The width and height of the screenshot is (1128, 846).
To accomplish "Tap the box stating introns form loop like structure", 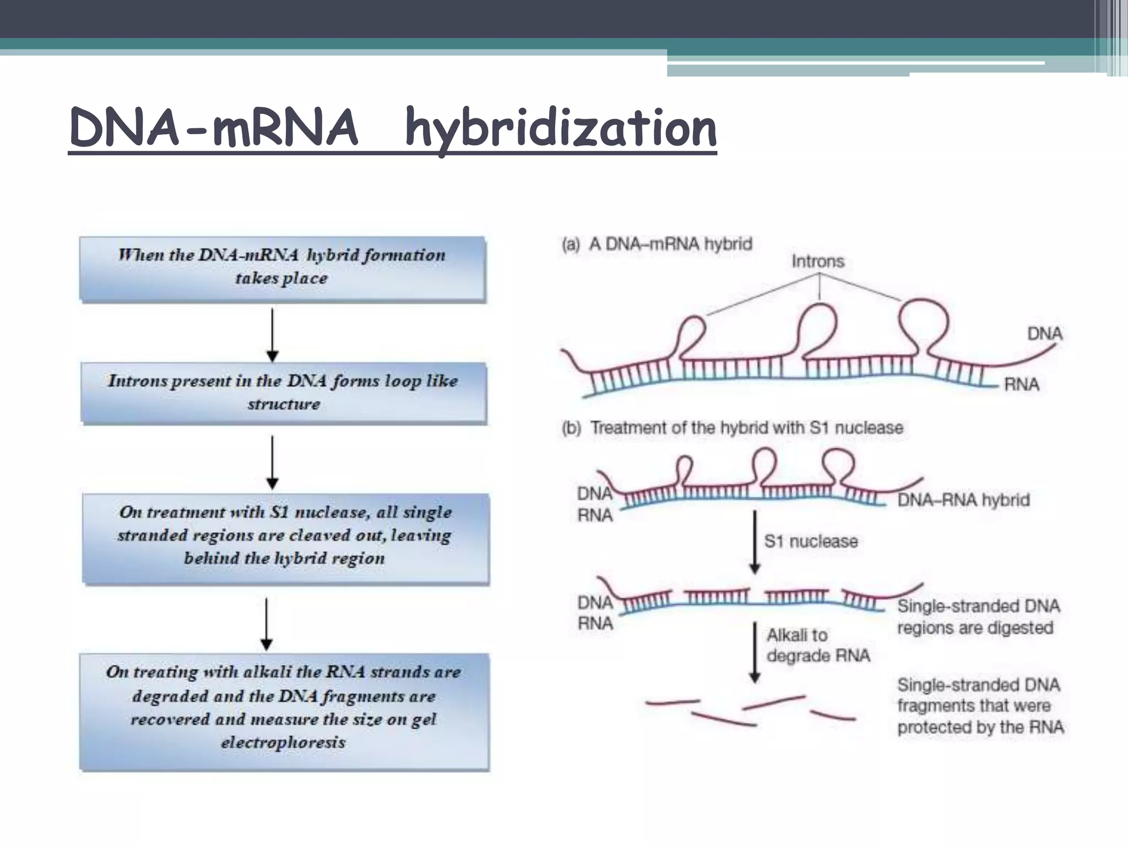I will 283,392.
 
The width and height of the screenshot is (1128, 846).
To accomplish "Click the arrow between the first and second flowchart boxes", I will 273,334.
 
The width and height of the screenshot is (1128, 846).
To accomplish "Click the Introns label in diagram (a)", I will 817,261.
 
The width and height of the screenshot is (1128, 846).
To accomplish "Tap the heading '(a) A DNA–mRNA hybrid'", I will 657,244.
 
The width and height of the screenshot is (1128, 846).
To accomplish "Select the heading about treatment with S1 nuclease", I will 733,428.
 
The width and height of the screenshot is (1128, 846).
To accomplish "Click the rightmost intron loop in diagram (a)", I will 923,321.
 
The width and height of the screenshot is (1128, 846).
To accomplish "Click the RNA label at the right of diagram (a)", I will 1021,384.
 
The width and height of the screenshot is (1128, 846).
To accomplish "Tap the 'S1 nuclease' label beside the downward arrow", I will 811,541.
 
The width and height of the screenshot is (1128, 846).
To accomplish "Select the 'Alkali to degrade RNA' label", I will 818,646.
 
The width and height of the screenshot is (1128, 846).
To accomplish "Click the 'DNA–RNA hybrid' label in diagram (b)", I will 963,500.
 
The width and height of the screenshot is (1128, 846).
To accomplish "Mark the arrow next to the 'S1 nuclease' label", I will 755,541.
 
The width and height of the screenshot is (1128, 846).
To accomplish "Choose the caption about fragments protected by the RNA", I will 980,706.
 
